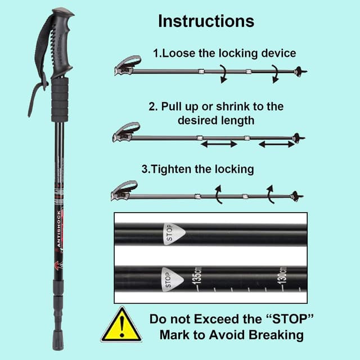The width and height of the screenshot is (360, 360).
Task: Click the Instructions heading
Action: (x=206, y=21)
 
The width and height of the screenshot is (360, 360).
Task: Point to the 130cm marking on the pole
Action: (x=283, y=276)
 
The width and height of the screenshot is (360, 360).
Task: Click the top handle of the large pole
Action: (x=58, y=42)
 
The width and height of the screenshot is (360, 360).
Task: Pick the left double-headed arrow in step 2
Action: (x=219, y=144)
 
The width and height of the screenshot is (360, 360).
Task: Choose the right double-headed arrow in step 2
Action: (x=276, y=144)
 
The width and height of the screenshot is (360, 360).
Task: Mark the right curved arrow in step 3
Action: (x=270, y=193)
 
